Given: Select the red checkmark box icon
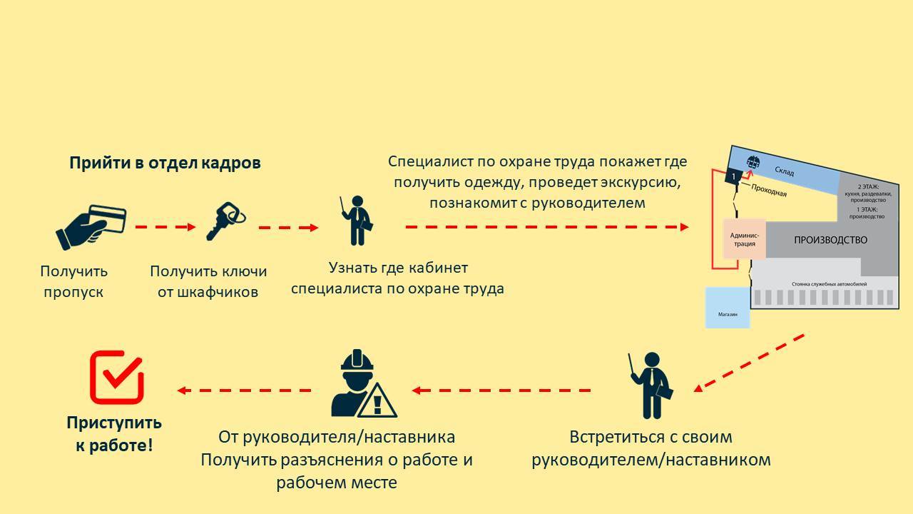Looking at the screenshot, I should [x=117, y=376].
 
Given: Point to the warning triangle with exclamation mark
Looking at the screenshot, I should [x=377, y=402].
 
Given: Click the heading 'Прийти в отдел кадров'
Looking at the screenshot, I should [x=165, y=163].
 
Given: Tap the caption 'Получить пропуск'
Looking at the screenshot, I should [x=74, y=281].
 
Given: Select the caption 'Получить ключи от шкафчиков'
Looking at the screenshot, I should [x=208, y=281].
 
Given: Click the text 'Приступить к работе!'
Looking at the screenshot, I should [x=114, y=433].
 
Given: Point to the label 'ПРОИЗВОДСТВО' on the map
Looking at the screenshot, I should [x=830, y=240].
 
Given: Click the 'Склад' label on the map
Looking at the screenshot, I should [x=784, y=172].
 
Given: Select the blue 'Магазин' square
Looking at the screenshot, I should [x=728, y=308].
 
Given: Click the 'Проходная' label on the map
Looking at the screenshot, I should [x=769, y=190].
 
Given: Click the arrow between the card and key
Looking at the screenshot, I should [x=165, y=227].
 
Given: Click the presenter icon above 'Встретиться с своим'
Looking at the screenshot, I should [x=651, y=385].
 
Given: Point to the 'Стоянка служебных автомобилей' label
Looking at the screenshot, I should [x=829, y=284].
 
